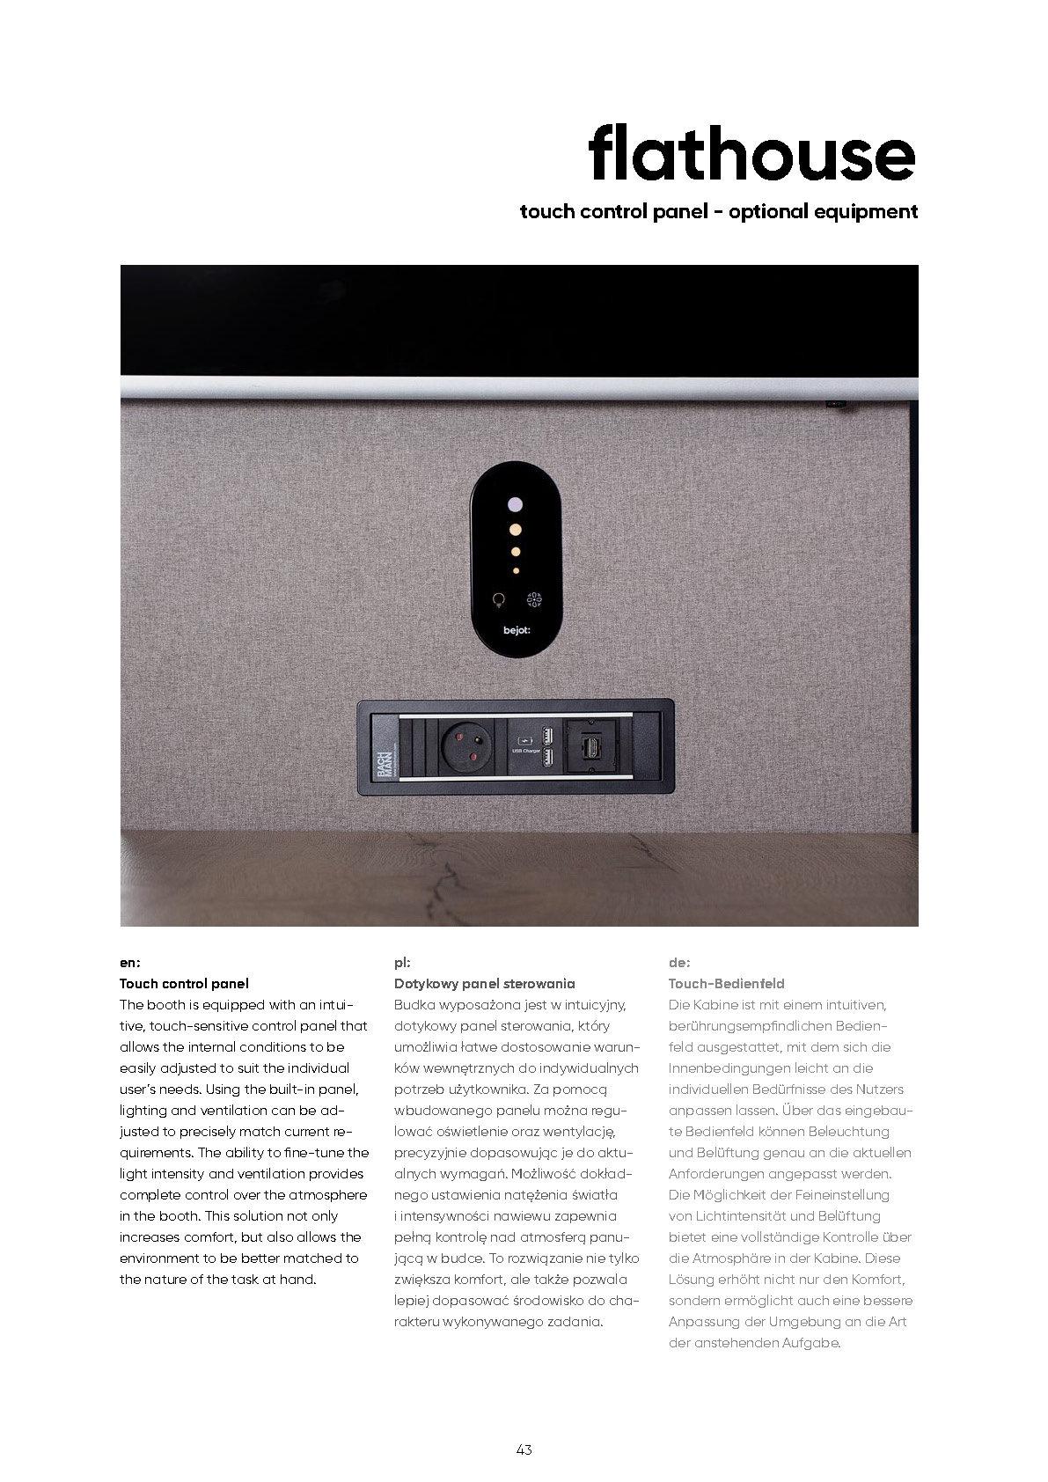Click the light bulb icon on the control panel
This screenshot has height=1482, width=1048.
point(499,600)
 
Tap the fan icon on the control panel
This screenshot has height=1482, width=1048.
point(534,600)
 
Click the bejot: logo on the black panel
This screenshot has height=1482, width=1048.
point(517,630)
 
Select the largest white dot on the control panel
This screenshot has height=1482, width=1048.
point(516,505)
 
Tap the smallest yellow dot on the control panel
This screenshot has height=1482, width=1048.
point(516,571)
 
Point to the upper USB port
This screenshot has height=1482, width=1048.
point(547,734)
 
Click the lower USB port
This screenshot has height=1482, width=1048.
point(547,759)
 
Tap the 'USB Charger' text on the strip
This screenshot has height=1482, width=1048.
point(526,751)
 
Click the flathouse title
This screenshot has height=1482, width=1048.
point(751,153)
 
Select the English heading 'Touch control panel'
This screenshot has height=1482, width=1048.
point(184,984)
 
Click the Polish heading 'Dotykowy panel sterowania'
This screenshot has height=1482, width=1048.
point(484,984)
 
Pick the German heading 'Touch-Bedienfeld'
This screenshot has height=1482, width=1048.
point(726,984)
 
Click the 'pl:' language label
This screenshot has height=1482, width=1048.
point(402,963)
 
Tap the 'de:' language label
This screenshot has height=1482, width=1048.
point(678,963)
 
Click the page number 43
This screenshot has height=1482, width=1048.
point(524,1449)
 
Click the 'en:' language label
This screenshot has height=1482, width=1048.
point(129,963)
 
